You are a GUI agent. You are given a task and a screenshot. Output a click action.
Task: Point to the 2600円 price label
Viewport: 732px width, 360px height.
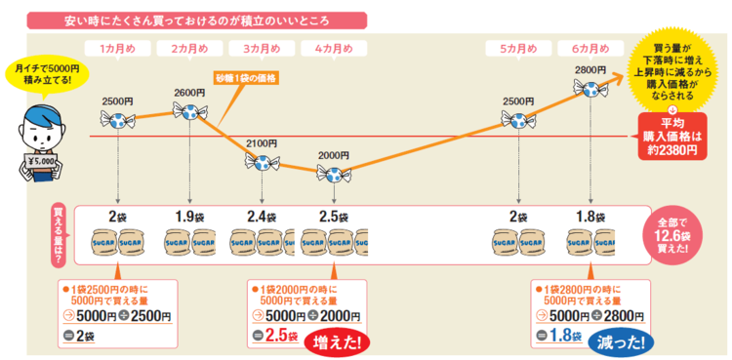pos(189,93)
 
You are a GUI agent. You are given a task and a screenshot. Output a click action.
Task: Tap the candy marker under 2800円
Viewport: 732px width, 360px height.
pos(592,91)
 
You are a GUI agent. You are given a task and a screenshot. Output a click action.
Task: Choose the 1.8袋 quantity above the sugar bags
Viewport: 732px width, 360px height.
pos(590,216)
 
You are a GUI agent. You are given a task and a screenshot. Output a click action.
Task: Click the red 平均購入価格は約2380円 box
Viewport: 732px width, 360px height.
pos(672,138)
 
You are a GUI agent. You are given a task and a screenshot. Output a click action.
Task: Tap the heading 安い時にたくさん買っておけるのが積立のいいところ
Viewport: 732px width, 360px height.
pos(196,20)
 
